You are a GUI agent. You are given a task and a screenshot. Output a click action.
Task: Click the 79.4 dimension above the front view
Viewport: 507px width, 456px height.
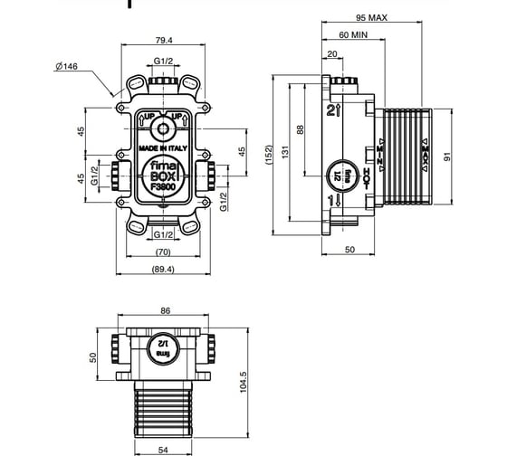[163, 40]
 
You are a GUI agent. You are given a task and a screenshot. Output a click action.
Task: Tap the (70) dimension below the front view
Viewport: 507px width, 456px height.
[163, 251]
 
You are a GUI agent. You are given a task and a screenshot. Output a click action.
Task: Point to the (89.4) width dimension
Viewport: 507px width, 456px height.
[163, 269]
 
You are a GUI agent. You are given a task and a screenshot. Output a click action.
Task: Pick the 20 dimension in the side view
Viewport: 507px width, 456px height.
[333, 53]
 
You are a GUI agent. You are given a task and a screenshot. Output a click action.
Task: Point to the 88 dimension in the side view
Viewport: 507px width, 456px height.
[302, 130]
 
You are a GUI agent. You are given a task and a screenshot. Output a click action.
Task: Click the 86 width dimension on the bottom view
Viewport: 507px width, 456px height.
[165, 310]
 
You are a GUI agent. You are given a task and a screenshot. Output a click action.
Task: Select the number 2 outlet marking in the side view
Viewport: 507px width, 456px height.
[331, 110]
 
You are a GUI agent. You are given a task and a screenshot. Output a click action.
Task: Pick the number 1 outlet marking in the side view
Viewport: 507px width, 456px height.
[330, 199]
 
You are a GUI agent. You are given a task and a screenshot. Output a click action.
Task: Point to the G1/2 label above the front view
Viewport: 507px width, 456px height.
[163, 60]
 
